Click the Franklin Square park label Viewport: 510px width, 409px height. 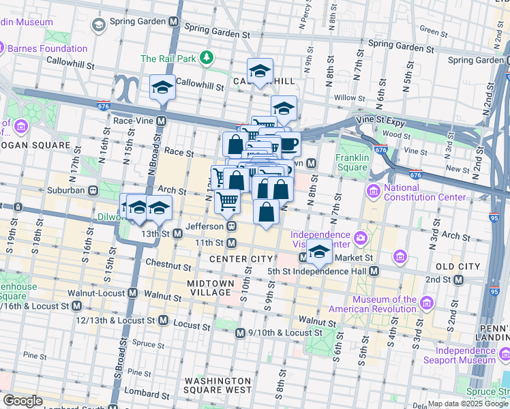click(352, 162)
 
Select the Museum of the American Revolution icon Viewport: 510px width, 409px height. click(427, 302)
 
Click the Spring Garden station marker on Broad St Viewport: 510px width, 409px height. click(174, 22)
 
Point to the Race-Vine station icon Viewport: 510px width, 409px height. click(162, 121)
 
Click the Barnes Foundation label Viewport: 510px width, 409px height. click(47, 48)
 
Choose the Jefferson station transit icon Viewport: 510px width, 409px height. click(232, 226)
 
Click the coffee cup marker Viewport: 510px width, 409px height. click(289, 145)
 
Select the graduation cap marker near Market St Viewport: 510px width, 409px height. click(318, 252)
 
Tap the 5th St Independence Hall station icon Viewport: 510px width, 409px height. click(375, 271)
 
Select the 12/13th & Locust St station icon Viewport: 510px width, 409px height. click(163, 320)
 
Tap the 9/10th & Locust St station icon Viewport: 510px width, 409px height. click(240, 333)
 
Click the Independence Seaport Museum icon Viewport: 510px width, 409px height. click(505, 354)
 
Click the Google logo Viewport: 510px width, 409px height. click(22, 401)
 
